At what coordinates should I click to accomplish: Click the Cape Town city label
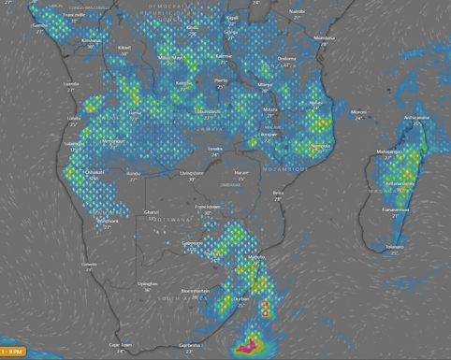pyautogui.click(x=120, y=344)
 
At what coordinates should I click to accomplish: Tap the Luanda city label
pyautogui.click(x=71, y=83)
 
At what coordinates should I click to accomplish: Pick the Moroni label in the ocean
pyautogui.click(x=358, y=112)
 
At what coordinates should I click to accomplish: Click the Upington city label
pyautogui.click(x=147, y=281)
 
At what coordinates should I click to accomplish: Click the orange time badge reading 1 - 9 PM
pyautogui.click(x=14, y=351)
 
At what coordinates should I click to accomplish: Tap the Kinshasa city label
pyautogui.click(x=92, y=40)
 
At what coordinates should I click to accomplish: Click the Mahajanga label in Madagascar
pyautogui.click(x=387, y=150)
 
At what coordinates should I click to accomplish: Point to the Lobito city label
pyautogui.click(x=75, y=119)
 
